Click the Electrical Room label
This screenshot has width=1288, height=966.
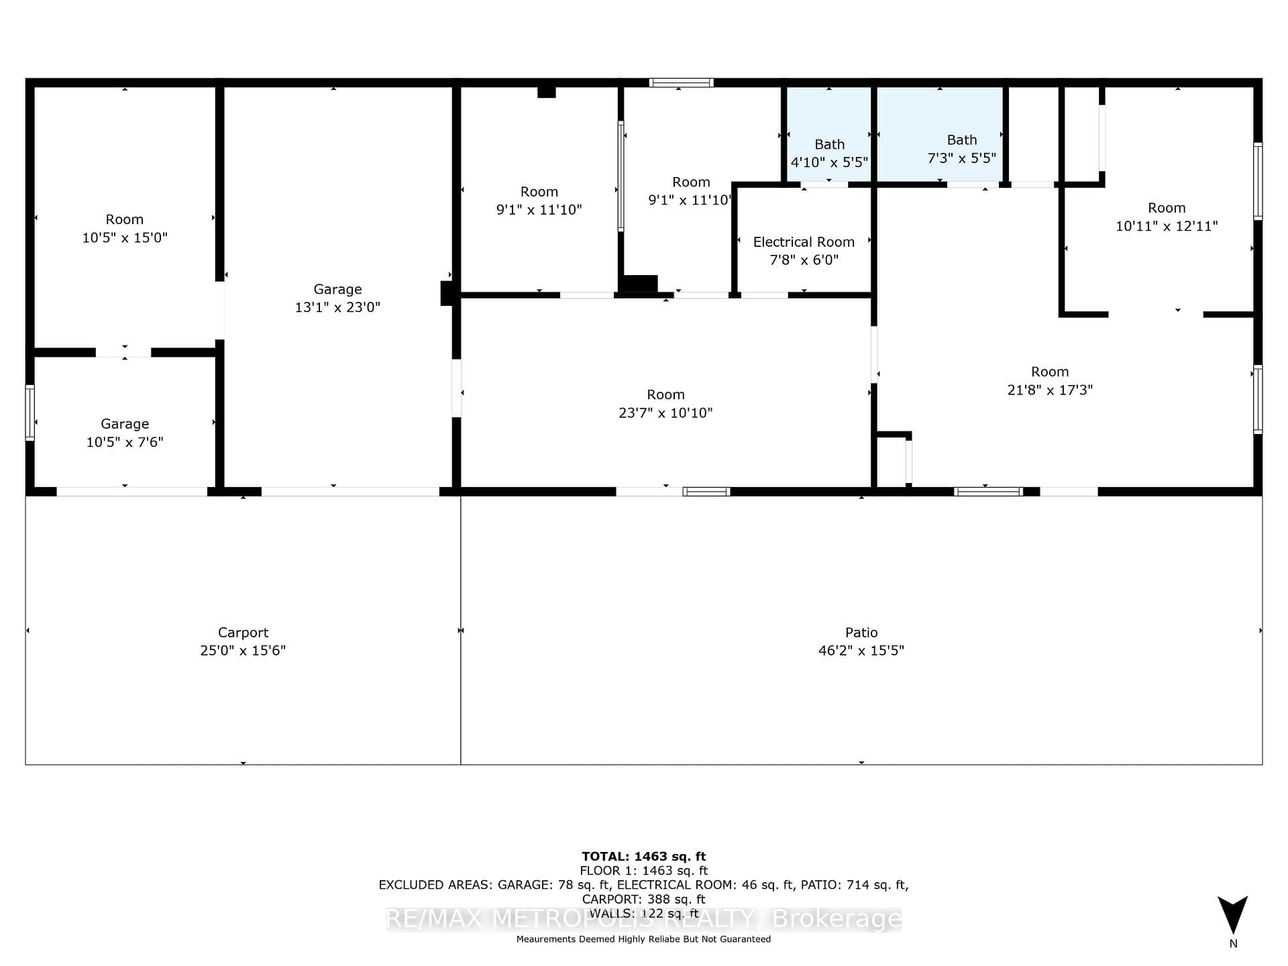tap(804, 242)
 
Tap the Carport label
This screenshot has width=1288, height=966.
tap(243, 633)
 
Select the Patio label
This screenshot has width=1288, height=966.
tap(861, 633)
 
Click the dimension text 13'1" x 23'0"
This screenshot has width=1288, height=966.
tap(337, 307)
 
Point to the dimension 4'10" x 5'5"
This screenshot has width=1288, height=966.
tap(829, 162)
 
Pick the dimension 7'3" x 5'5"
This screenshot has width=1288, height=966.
tap(961, 158)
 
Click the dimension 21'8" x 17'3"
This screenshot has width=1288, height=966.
tap(1050, 390)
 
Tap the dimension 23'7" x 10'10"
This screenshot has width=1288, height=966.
tap(665, 413)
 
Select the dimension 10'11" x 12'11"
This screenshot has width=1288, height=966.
tap(1167, 226)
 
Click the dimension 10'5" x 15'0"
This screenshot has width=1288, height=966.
tap(125, 237)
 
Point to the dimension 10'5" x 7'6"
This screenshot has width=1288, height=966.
tap(125, 442)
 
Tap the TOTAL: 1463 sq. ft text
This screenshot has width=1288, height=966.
tap(644, 856)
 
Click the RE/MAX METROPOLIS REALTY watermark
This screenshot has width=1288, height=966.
tap(644, 918)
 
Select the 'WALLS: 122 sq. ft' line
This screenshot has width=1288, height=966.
tap(644, 913)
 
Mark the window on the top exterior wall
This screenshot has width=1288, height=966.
tap(681, 83)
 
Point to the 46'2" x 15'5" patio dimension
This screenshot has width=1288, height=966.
tap(861, 650)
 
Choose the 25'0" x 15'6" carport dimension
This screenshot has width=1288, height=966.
tap(243, 650)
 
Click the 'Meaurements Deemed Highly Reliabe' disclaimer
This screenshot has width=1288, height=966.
tap(643, 939)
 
